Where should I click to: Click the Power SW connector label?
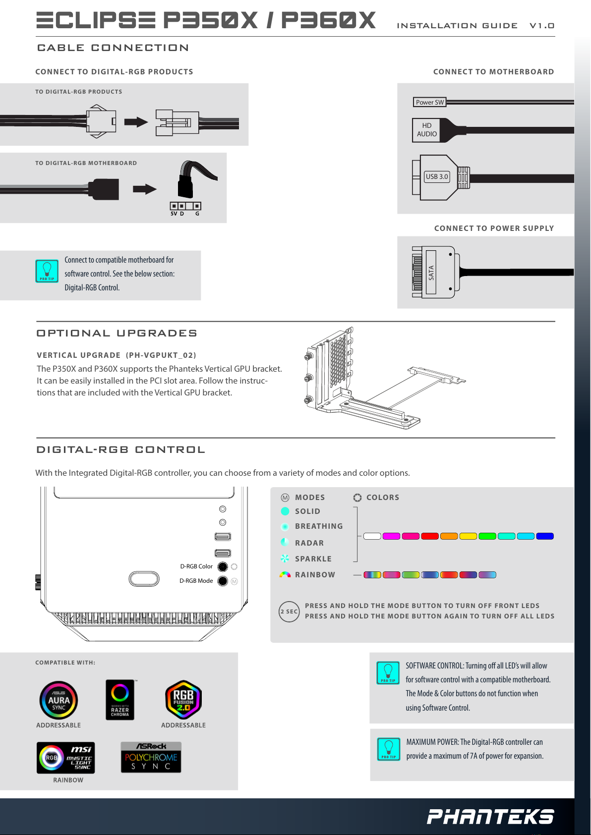[429, 102]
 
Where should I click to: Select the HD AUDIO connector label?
[426, 130]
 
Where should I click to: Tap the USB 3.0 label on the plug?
[437, 176]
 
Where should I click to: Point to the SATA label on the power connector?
[431, 273]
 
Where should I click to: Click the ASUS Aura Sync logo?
[59, 700]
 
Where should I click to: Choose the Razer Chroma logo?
[120, 699]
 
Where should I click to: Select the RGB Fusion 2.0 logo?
[183, 700]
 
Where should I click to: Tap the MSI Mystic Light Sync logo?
[66, 758]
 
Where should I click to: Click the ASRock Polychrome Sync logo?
[151, 757]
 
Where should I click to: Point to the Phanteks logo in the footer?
[490, 817]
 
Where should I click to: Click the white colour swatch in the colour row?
[372, 536]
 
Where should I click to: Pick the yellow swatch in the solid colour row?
[468, 536]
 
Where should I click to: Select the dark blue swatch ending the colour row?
[545, 536]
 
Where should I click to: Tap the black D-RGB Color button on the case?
[223, 566]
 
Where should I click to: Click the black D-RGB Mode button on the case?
[223, 581]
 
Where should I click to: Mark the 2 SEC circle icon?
[289, 612]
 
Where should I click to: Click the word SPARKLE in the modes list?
[313, 559]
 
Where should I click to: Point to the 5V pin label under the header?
[174, 214]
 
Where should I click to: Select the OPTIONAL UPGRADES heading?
[117, 333]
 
